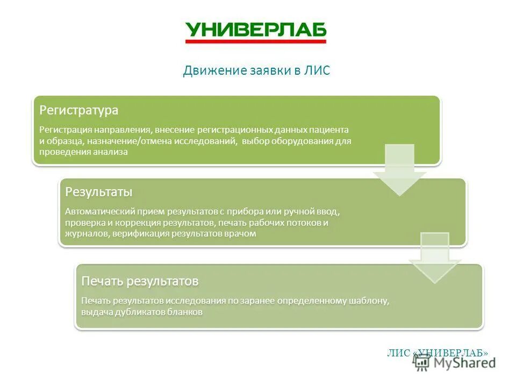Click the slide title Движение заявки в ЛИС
256,71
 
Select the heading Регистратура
79,111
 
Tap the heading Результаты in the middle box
98,192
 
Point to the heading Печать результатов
140,281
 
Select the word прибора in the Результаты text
248,212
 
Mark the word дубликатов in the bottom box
137,312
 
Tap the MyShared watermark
456,363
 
